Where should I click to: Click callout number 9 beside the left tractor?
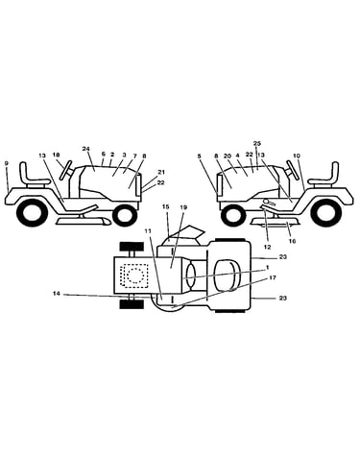click(7, 163)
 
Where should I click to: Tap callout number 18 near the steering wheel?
click(57, 155)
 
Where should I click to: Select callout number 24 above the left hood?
click(85, 149)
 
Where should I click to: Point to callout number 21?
click(161, 172)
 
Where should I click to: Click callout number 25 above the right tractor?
click(257, 143)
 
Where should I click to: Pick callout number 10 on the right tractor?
click(297, 156)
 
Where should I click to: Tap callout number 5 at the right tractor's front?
click(199, 156)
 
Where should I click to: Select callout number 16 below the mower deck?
click(292, 241)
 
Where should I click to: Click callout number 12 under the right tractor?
click(268, 247)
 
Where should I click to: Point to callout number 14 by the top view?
click(57, 293)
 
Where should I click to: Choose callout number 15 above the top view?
click(165, 207)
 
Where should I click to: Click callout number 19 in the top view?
click(183, 207)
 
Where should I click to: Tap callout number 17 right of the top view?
click(273, 277)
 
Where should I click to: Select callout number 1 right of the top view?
click(268, 267)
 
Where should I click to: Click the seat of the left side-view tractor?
click(36, 175)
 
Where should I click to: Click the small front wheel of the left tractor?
click(125, 215)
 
